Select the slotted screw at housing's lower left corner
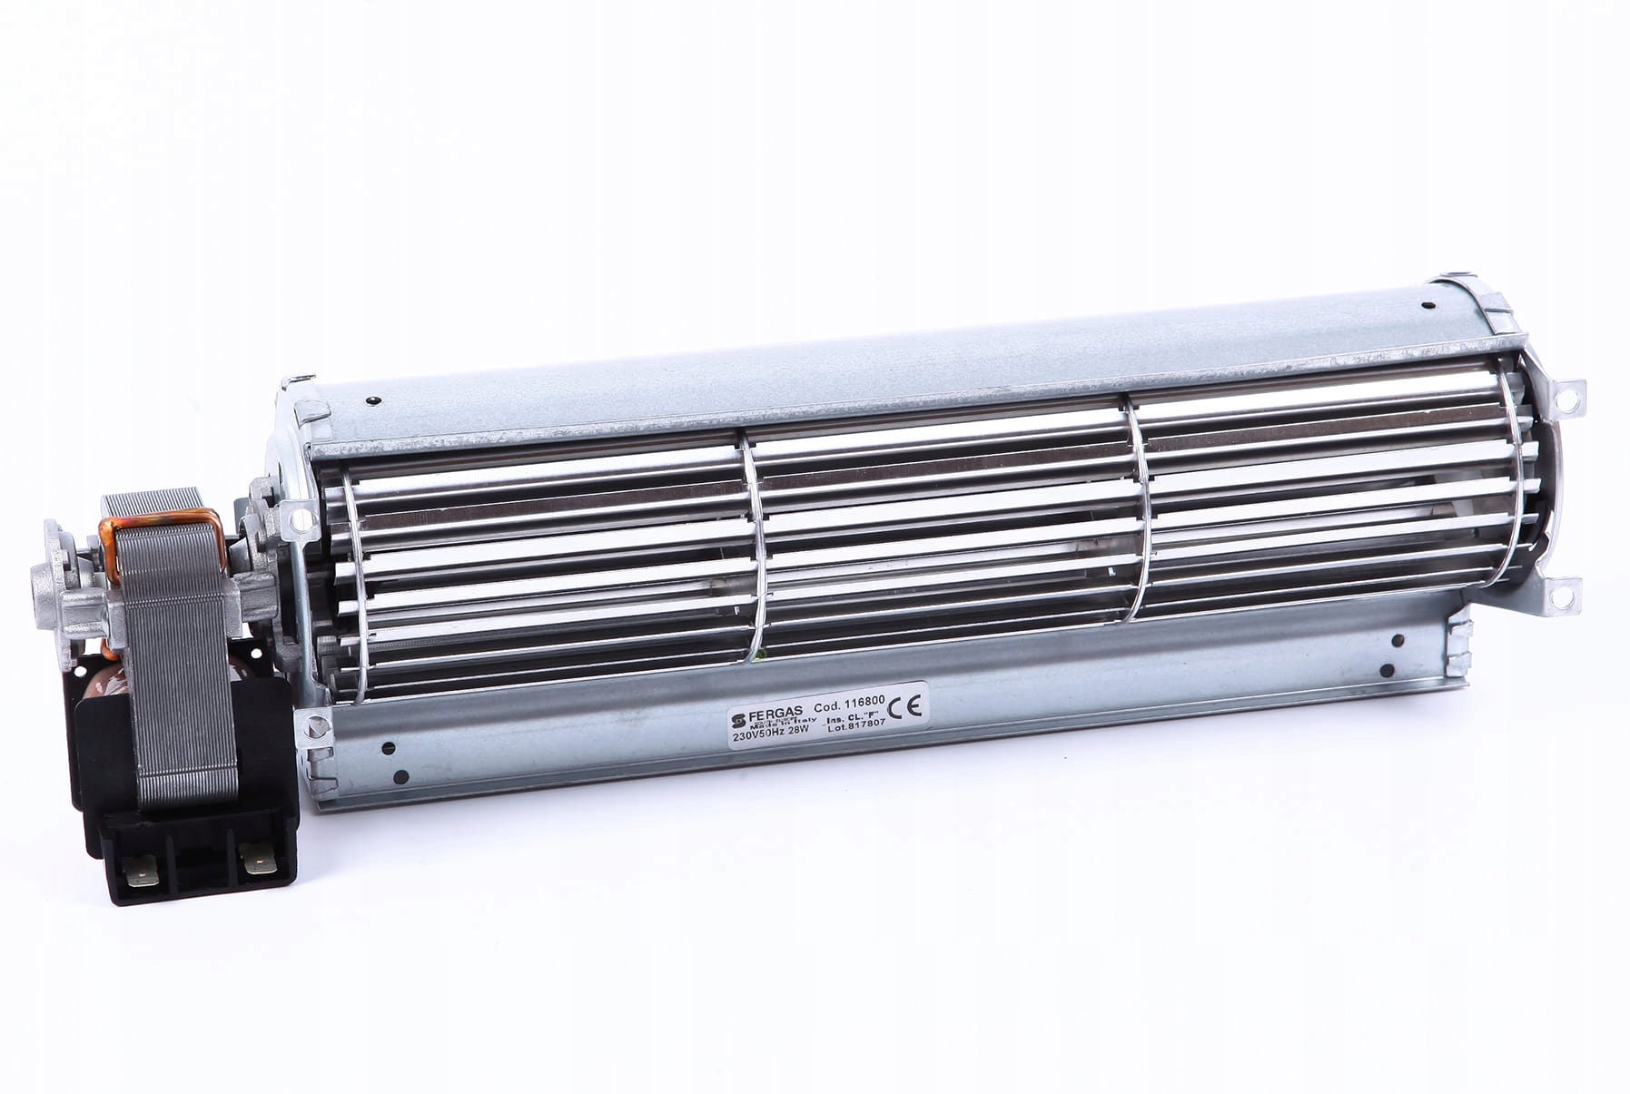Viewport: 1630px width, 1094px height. [x=317, y=726]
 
